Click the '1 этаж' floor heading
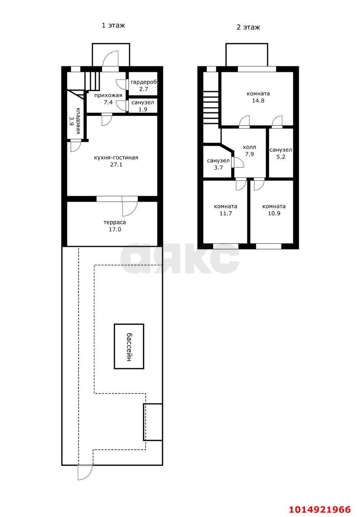[x=113, y=25]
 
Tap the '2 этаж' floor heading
[x=248, y=27]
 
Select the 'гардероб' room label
[x=143, y=82]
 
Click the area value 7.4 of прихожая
[x=108, y=102]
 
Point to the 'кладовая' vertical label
[x=78, y=121]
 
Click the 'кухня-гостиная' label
[x=116, y=158]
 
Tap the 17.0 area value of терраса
[x=115, y=229]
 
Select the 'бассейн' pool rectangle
[x=129, y=346]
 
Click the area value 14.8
[x=258, y=101]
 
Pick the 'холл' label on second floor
[x=249, y=147]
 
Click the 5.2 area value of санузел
[x=280, y=157]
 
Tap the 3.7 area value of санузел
[x=218, y=168]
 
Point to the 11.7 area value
[x=226, y=213]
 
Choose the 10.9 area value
[x=274, y=213]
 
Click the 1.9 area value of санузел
[x=143, y=109]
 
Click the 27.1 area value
[x=116, y=164]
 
